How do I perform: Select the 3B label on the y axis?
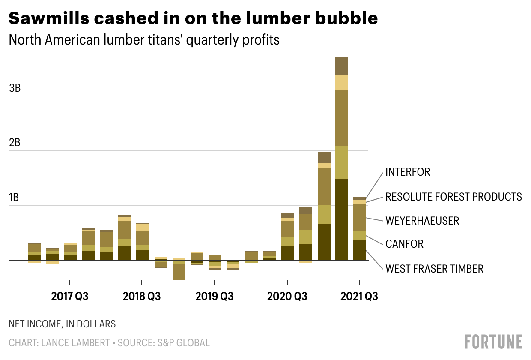pos(15,88)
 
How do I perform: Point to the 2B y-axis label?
pos(15,143)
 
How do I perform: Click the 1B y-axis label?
pos(15,198)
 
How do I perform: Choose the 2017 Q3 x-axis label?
pos(69,296)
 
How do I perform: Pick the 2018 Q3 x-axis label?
pos(142,296)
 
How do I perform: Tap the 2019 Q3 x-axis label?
pos(214,296)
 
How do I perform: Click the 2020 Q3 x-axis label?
pos(287,296)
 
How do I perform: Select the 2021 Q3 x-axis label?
pos(359,296)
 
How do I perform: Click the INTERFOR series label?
pos(407,172)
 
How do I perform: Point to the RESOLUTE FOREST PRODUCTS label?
pos(453,197)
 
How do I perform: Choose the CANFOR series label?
pos(404,244)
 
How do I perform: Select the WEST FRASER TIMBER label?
pos(434,269)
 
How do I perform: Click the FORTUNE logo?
pos(493,342)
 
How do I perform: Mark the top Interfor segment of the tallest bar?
pos(342,66)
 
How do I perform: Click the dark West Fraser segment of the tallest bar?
pos(342,219)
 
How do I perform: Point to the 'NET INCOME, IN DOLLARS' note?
pos(62,324)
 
